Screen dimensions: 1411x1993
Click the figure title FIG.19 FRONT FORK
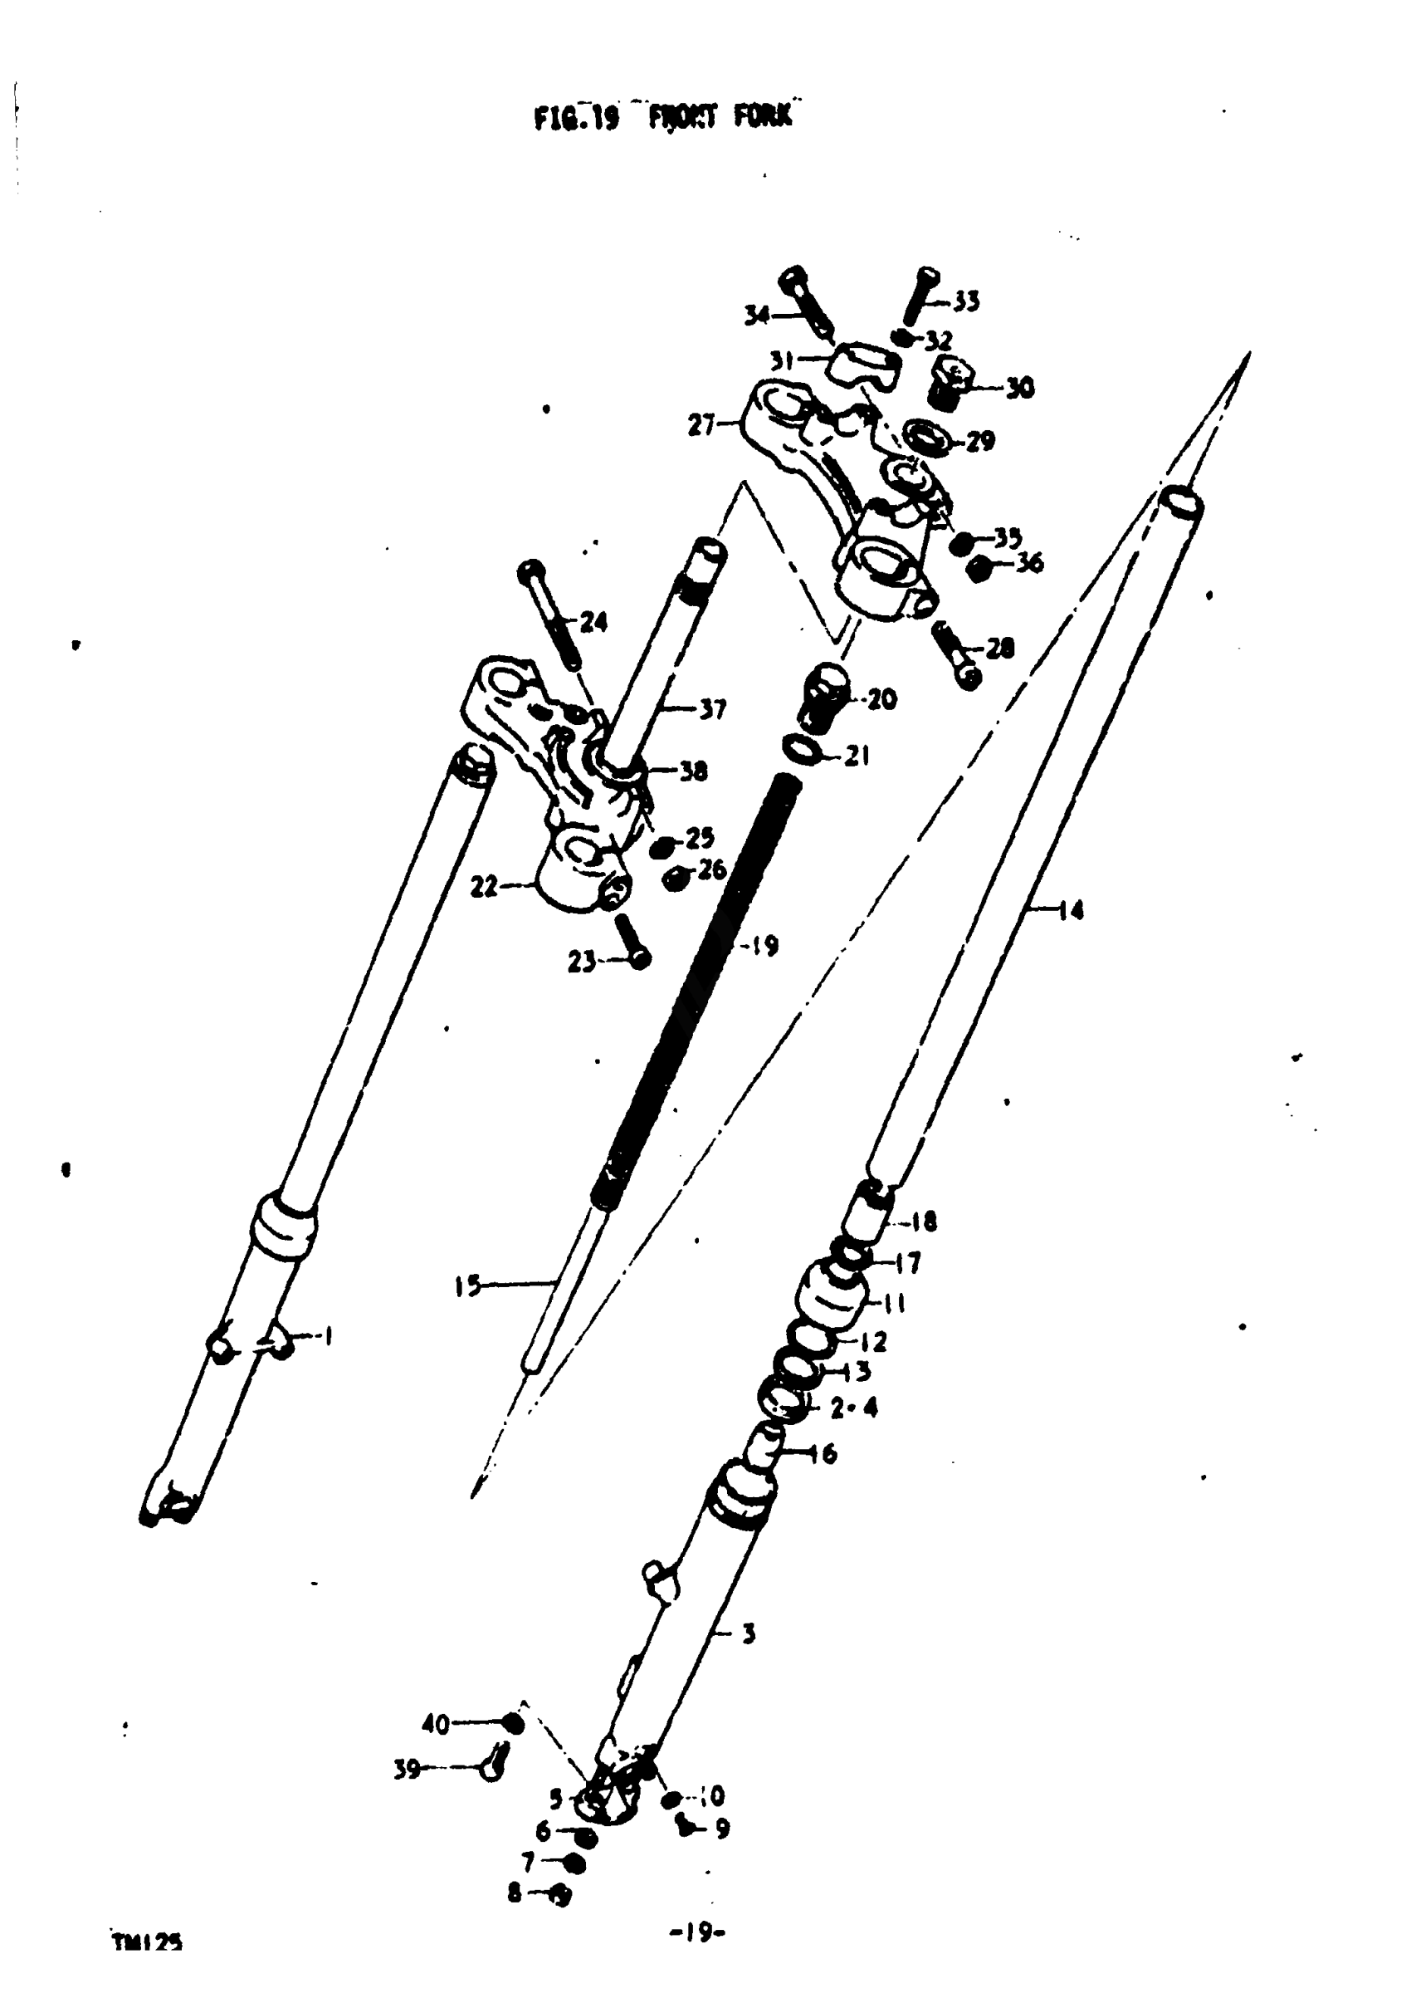pyautogui.click(x=663, y=116)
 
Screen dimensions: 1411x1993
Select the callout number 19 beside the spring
pyautogui.click(x=763, y=945)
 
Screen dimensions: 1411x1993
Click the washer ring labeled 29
pyautogui.click(x=927, y=436)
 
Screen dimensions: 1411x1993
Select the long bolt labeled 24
pyautogui.click(x=549, y=615)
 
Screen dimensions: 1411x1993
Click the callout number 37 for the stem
pyautogui.click(x=712, y=709)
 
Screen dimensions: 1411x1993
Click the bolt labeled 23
pyautogui.click(x=632, y=943)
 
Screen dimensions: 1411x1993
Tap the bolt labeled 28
pyautogui.click(x=955, y=656)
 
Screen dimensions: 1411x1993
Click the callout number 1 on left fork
pyautogui.click(x=328, y=1337)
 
